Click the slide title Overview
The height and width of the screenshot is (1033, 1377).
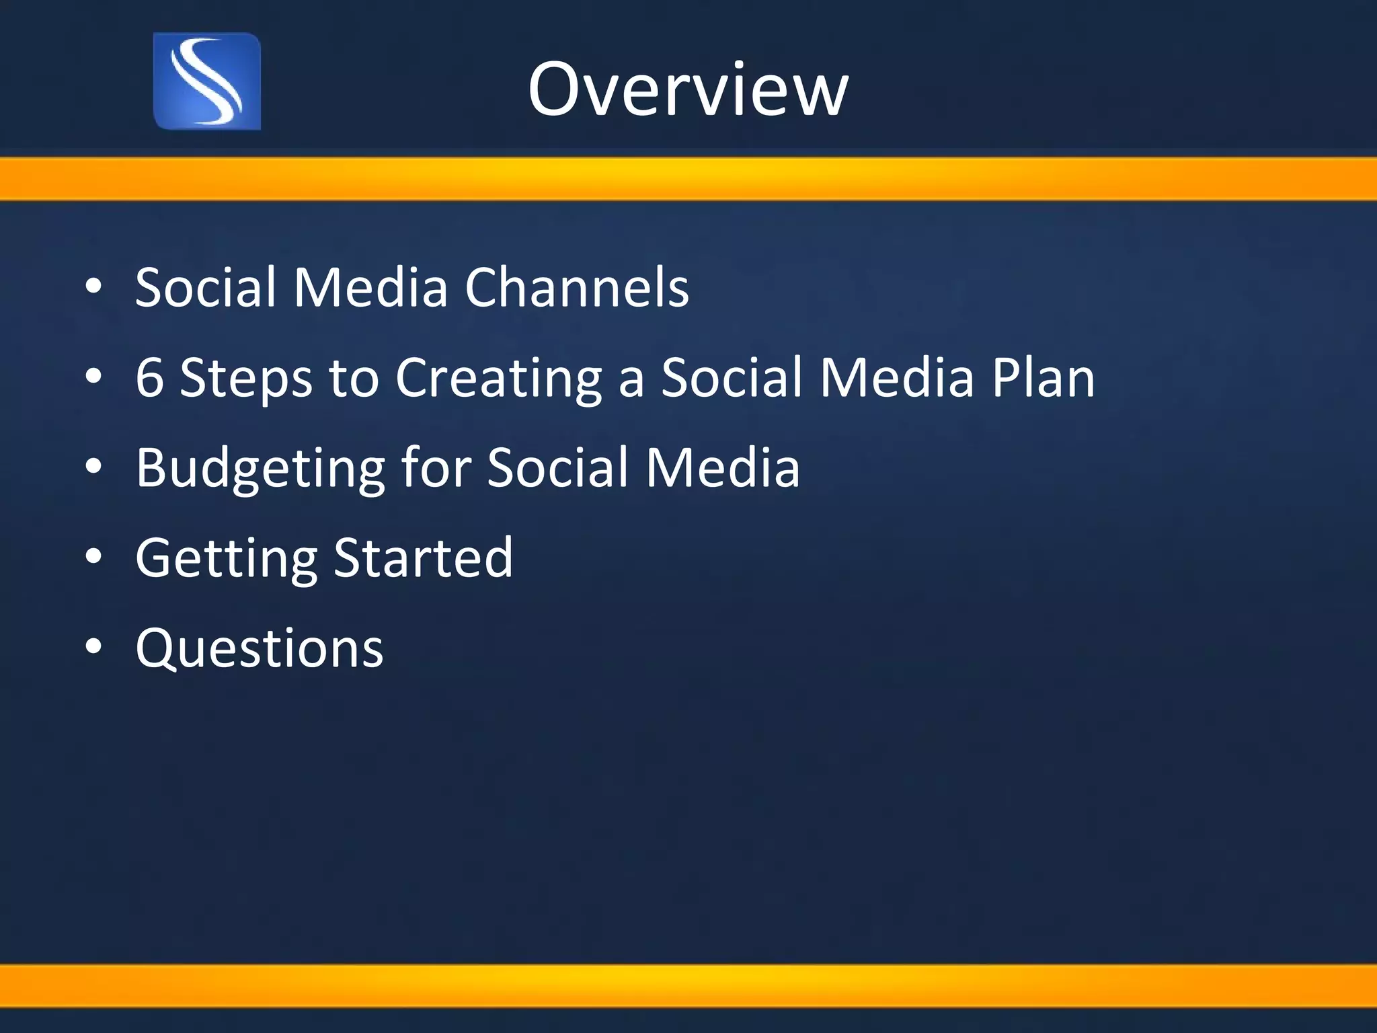click(x=688, y=89)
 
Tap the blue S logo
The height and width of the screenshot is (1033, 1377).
click(x=207, y=81)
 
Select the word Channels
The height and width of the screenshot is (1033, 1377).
click(x=577, y=287)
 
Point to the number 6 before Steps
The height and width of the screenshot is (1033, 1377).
click(x=149, y=377)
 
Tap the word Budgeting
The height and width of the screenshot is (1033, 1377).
click(x=260, y=469)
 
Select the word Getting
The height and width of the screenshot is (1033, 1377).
click(x=226, y=559)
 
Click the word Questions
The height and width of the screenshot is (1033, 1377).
click(x=260, y=648)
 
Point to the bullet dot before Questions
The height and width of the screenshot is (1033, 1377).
click(x=94, y=647)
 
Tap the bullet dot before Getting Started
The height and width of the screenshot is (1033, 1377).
click(x=94, y=557)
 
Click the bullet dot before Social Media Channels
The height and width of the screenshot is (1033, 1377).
click(x=94, y=287)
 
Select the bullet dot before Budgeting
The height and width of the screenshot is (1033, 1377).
click(x=94, y=467)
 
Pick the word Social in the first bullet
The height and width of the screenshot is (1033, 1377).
click(x=205, y=287)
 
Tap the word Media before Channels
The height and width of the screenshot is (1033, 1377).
click(x=370, y=287)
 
